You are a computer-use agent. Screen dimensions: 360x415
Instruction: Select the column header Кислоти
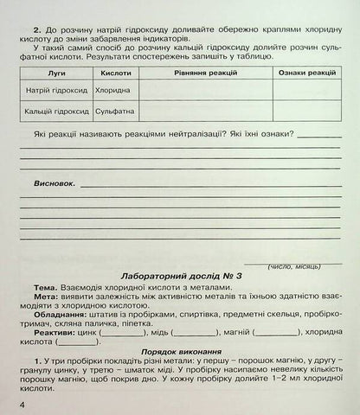tap(116, 74)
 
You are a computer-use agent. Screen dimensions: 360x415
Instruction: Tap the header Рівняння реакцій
tap(202, 74)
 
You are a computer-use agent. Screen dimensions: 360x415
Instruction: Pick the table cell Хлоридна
tap(113, 89)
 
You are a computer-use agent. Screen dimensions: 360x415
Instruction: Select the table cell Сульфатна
tap(115, 111)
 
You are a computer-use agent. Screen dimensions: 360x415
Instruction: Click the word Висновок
tap(55, 184)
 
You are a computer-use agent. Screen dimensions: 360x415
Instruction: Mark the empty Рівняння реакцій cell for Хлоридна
tap(202, 89)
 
